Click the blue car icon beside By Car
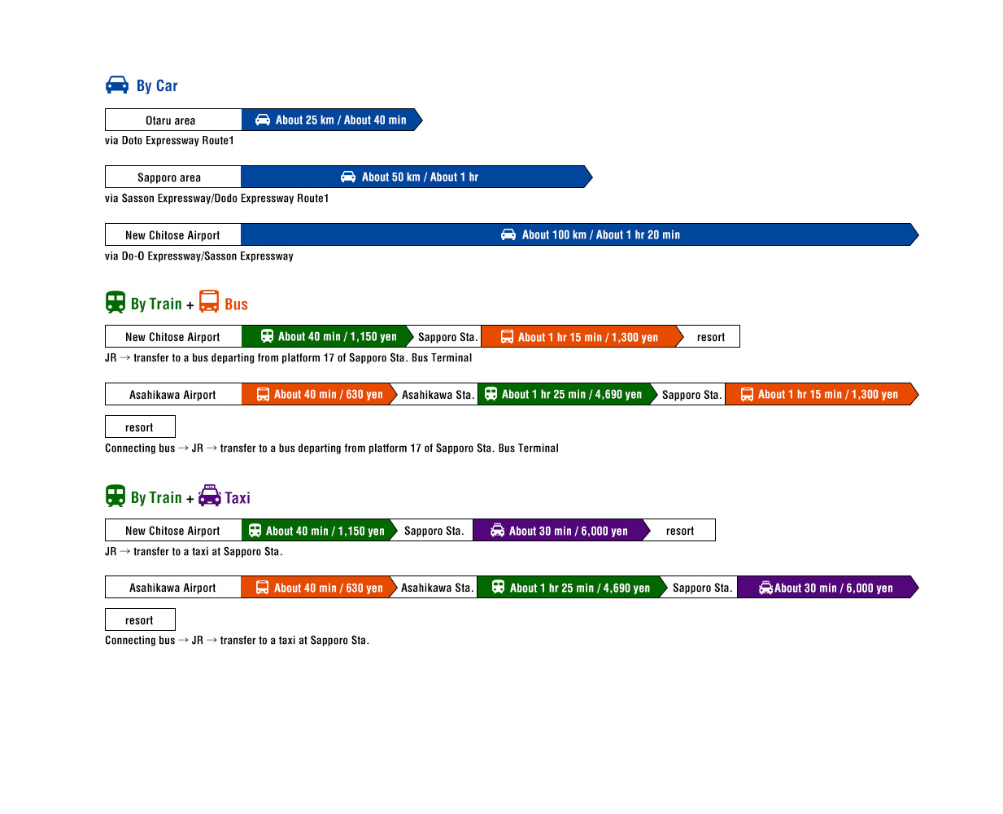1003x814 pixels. click(x=117, y=85)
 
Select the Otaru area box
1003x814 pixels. click(x=173, y=120)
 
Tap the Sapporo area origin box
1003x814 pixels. click(x=172, y=177)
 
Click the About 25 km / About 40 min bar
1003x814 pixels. click(x=332, y=120)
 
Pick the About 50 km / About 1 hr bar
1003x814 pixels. click(x=416, y=177)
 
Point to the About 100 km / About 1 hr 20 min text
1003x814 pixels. click(x=601, y=234)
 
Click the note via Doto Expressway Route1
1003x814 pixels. click(x=169, y=140)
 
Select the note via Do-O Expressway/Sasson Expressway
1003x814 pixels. click(x=199, y=256)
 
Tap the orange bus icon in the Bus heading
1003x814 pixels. click(x=209, y=301)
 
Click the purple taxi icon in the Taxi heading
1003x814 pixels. click(x=210, y=496)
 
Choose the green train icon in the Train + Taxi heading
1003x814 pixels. click(x=116, y=496)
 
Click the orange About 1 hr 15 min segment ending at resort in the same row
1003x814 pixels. click(x=582, y=337)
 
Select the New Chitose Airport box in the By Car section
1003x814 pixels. click(x=172, y=234)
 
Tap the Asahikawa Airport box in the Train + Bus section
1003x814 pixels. click(x=173, y=394)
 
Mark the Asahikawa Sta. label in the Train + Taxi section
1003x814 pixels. click(x=436, y=588)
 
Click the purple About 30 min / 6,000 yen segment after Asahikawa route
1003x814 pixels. click(x=828, y=588)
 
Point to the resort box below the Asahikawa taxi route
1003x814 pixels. click(x=141, y=620)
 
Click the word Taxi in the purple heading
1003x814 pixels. click(x=238, y=497)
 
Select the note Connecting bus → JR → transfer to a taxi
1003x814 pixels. click(x=237, y=640)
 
